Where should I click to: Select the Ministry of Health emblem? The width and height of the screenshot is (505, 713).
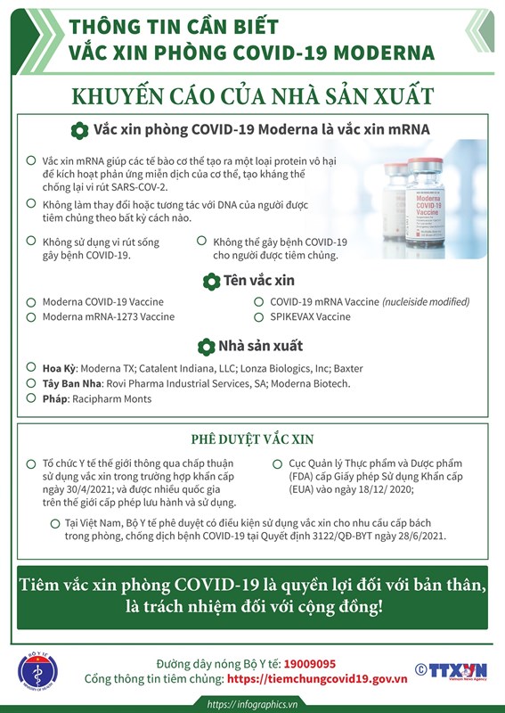click(37, 670)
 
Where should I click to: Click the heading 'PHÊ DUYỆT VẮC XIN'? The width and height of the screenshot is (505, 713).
click(251, 439)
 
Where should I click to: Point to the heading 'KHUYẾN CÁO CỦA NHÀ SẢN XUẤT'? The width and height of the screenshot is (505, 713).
click(253, 96)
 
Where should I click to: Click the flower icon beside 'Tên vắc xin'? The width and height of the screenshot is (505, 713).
click(212, 282)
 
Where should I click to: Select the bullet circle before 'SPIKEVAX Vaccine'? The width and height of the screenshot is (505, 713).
click(259, 316)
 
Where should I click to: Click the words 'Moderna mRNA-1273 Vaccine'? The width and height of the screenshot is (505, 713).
click(109, 316)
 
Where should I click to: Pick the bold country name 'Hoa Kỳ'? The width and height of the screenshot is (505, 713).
click(60, 368)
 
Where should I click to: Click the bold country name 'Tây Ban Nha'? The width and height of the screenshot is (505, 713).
click(72, 383)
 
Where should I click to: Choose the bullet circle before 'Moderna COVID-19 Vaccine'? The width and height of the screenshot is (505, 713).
click(32, 302)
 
